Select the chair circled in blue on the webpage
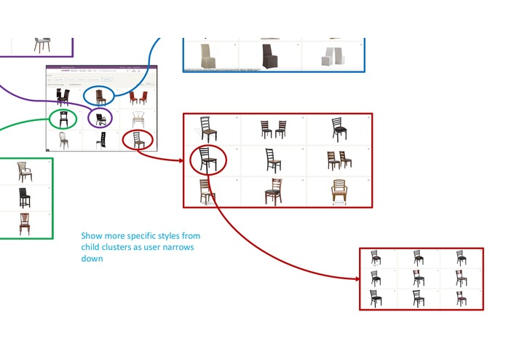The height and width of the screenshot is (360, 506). point(99,95)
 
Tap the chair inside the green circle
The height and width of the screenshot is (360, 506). point(63,118)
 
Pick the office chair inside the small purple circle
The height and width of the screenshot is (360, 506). point(100,117)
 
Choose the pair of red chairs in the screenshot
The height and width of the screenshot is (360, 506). point(138,97)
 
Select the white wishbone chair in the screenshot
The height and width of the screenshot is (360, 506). point(138,118)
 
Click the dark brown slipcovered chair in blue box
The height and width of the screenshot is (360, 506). point(271,55)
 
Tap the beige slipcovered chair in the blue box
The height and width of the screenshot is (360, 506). point(210,55)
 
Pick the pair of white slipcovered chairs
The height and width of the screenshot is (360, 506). point(333,55)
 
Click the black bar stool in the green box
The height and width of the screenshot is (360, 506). point(24,197)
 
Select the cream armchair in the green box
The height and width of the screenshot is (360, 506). point(24,172)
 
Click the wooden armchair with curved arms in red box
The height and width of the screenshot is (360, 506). point(339,191)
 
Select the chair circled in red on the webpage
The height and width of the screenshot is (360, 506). point(138,139)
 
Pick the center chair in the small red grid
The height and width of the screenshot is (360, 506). point(419,278)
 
